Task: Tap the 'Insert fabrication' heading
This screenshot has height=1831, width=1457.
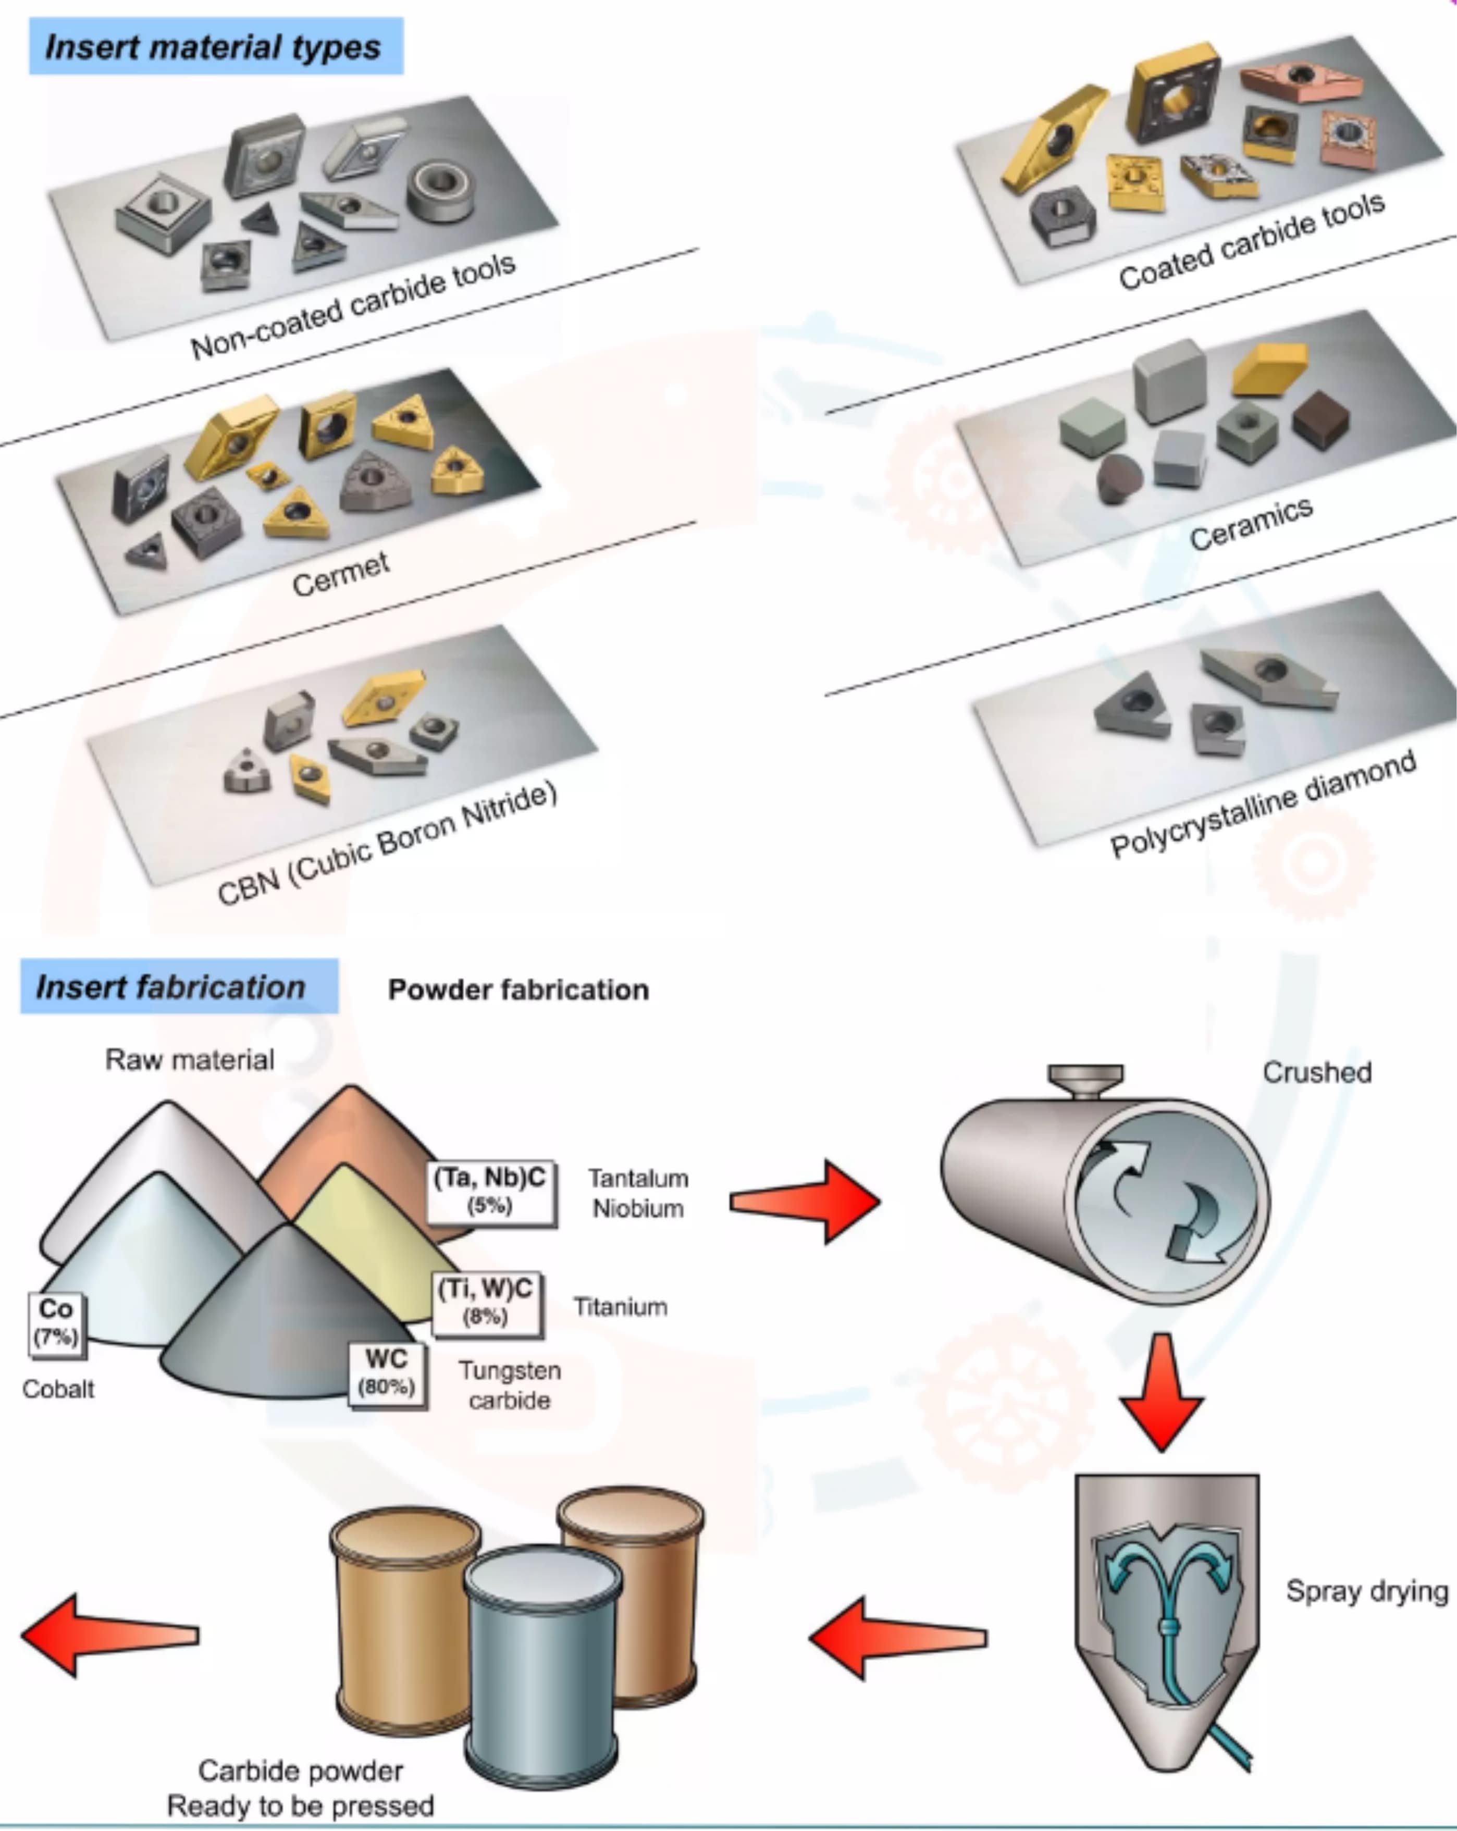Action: click(x=171, y=987)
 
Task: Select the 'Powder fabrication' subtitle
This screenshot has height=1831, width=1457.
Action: click(x=518, y=989)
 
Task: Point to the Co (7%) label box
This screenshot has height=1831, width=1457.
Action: click(x=56, y=1321)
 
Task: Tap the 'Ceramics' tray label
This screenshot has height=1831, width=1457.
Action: click(x=1251, y=523)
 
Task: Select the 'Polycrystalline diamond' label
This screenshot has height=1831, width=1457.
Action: click(x=1263, y=804)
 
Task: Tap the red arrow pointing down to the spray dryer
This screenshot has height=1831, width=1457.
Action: click(x=1162, y=1393)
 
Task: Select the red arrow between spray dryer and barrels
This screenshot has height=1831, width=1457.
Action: click(x=897, y=1637)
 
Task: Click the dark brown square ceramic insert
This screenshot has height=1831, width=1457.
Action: click(x=1320, y=419)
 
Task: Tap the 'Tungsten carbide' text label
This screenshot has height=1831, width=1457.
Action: click(x=510, y=1385)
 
